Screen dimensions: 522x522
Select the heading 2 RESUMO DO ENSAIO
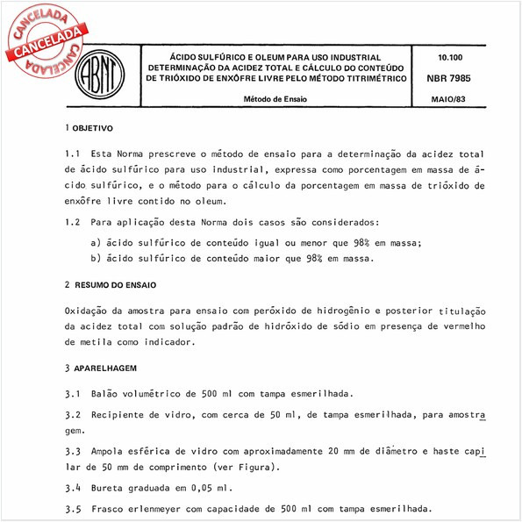[x=111, y=285]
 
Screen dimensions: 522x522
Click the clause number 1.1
[x=73, y=154]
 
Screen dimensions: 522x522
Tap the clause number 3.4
[x=73, y=487]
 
